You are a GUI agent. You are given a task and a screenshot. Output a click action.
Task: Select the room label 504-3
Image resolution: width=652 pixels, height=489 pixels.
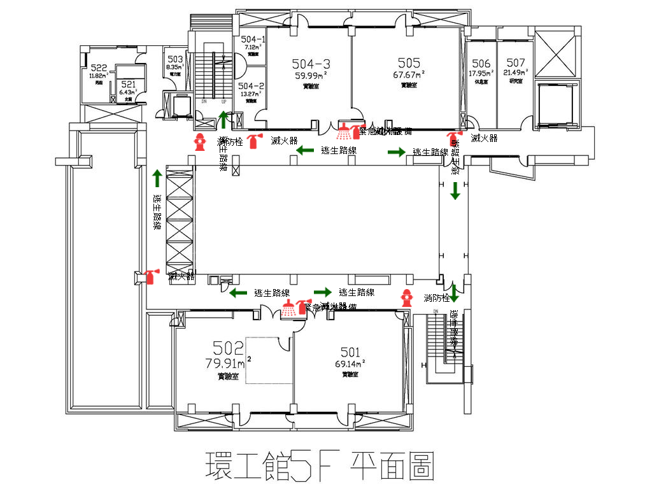tap(311, 64)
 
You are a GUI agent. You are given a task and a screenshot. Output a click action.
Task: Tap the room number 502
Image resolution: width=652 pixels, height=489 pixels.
tap(229, 348)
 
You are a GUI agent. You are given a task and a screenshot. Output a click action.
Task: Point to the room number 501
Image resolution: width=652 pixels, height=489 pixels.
tap(350, 352)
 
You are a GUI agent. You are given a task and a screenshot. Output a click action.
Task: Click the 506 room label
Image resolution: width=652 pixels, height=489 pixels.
tap(481, 63)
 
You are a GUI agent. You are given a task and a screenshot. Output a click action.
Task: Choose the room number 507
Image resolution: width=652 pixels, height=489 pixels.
tap(516, 62)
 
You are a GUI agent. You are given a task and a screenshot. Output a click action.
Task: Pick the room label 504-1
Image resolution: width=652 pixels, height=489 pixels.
tap(253, 39)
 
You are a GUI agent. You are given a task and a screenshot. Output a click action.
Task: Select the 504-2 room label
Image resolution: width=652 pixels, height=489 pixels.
tap(251, 86)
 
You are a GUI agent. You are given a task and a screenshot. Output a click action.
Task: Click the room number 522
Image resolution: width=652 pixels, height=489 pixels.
tap(99, 67)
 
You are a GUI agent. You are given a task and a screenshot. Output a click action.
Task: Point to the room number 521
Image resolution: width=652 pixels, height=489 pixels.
tap(128, 84)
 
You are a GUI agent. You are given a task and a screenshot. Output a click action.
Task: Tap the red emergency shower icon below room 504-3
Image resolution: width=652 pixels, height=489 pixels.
tap(344, 132)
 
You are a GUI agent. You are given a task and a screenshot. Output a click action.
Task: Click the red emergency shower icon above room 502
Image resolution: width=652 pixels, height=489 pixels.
tap(290, 308)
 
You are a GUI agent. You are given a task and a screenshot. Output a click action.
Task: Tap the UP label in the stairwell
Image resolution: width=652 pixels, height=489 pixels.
tap(223, 101)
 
